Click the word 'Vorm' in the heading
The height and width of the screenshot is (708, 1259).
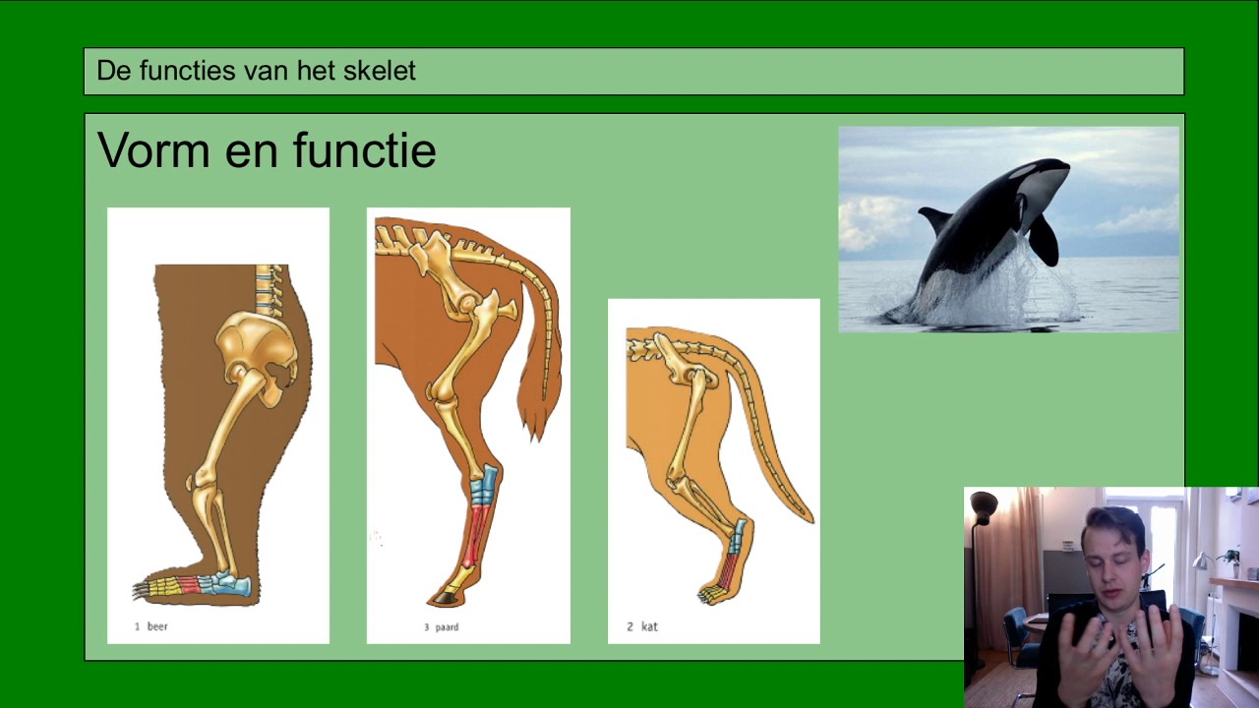point(152,151)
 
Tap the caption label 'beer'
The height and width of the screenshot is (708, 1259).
point(157,626)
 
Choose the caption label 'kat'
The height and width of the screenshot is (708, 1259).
point(649,626)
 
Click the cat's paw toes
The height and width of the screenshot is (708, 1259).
point(710,594)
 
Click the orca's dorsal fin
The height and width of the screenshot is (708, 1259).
point(934,218)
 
